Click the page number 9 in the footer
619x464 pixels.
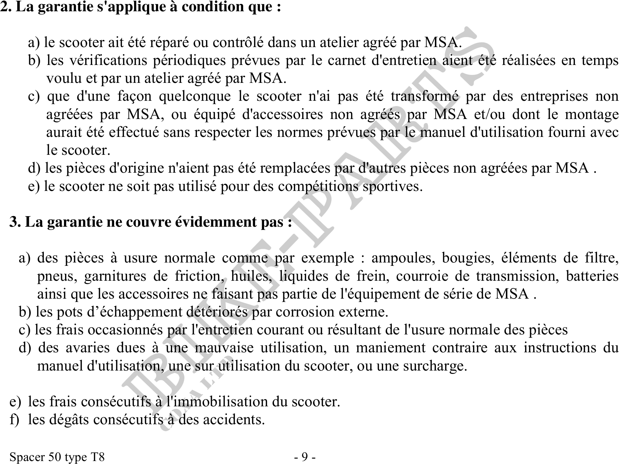[305, 457]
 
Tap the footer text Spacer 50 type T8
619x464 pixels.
[57, 457]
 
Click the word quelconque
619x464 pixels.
[195, 96]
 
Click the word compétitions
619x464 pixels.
[318, 187]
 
